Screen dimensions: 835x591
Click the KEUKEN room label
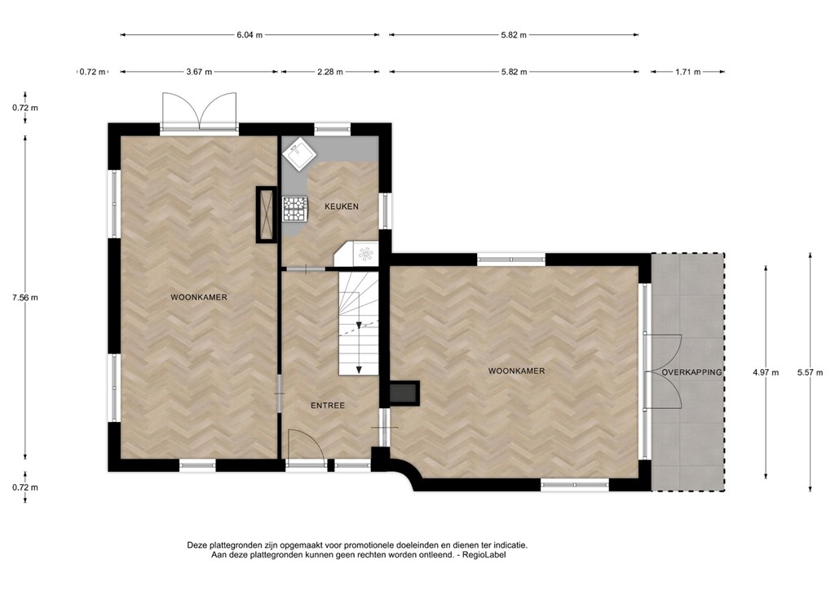342,207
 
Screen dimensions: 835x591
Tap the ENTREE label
328,406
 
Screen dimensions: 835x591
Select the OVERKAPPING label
691,372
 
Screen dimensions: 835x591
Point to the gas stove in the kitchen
295,209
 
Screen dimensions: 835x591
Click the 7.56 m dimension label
25,297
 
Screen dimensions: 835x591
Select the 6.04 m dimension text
250,35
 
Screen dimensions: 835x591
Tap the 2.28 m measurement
329,71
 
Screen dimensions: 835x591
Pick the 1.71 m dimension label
688,71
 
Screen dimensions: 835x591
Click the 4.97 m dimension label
765,372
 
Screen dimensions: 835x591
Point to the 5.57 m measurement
810,372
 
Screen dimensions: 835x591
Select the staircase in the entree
359,323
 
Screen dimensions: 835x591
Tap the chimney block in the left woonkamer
267,214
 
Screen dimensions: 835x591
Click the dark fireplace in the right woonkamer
404,392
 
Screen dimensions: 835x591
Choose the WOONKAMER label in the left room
199,297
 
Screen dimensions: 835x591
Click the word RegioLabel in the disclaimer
484,555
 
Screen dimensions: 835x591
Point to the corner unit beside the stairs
356,254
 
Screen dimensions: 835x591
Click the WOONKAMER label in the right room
516,371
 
